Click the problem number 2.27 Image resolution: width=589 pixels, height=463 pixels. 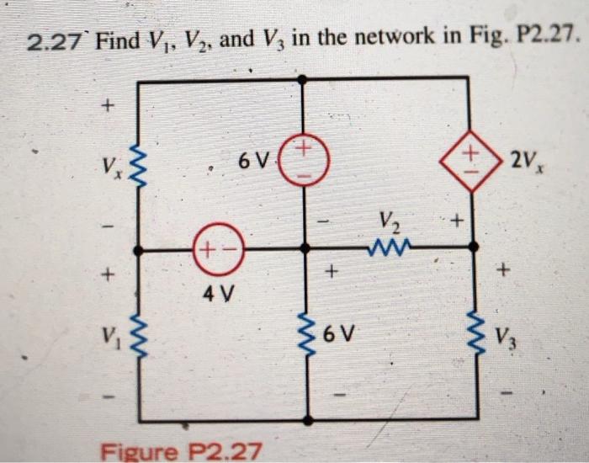(56, 39)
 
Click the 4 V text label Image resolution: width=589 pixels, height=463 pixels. (219, 295)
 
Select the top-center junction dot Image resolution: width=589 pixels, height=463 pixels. (304, 79)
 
